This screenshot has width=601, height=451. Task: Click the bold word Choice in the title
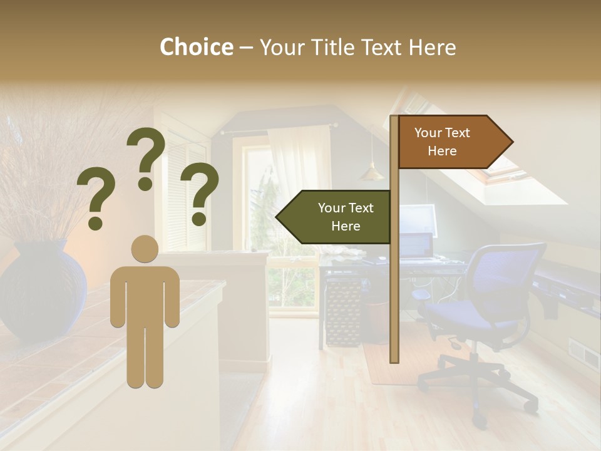196,47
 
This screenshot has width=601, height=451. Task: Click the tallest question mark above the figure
146,157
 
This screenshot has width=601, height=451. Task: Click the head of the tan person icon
145,249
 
